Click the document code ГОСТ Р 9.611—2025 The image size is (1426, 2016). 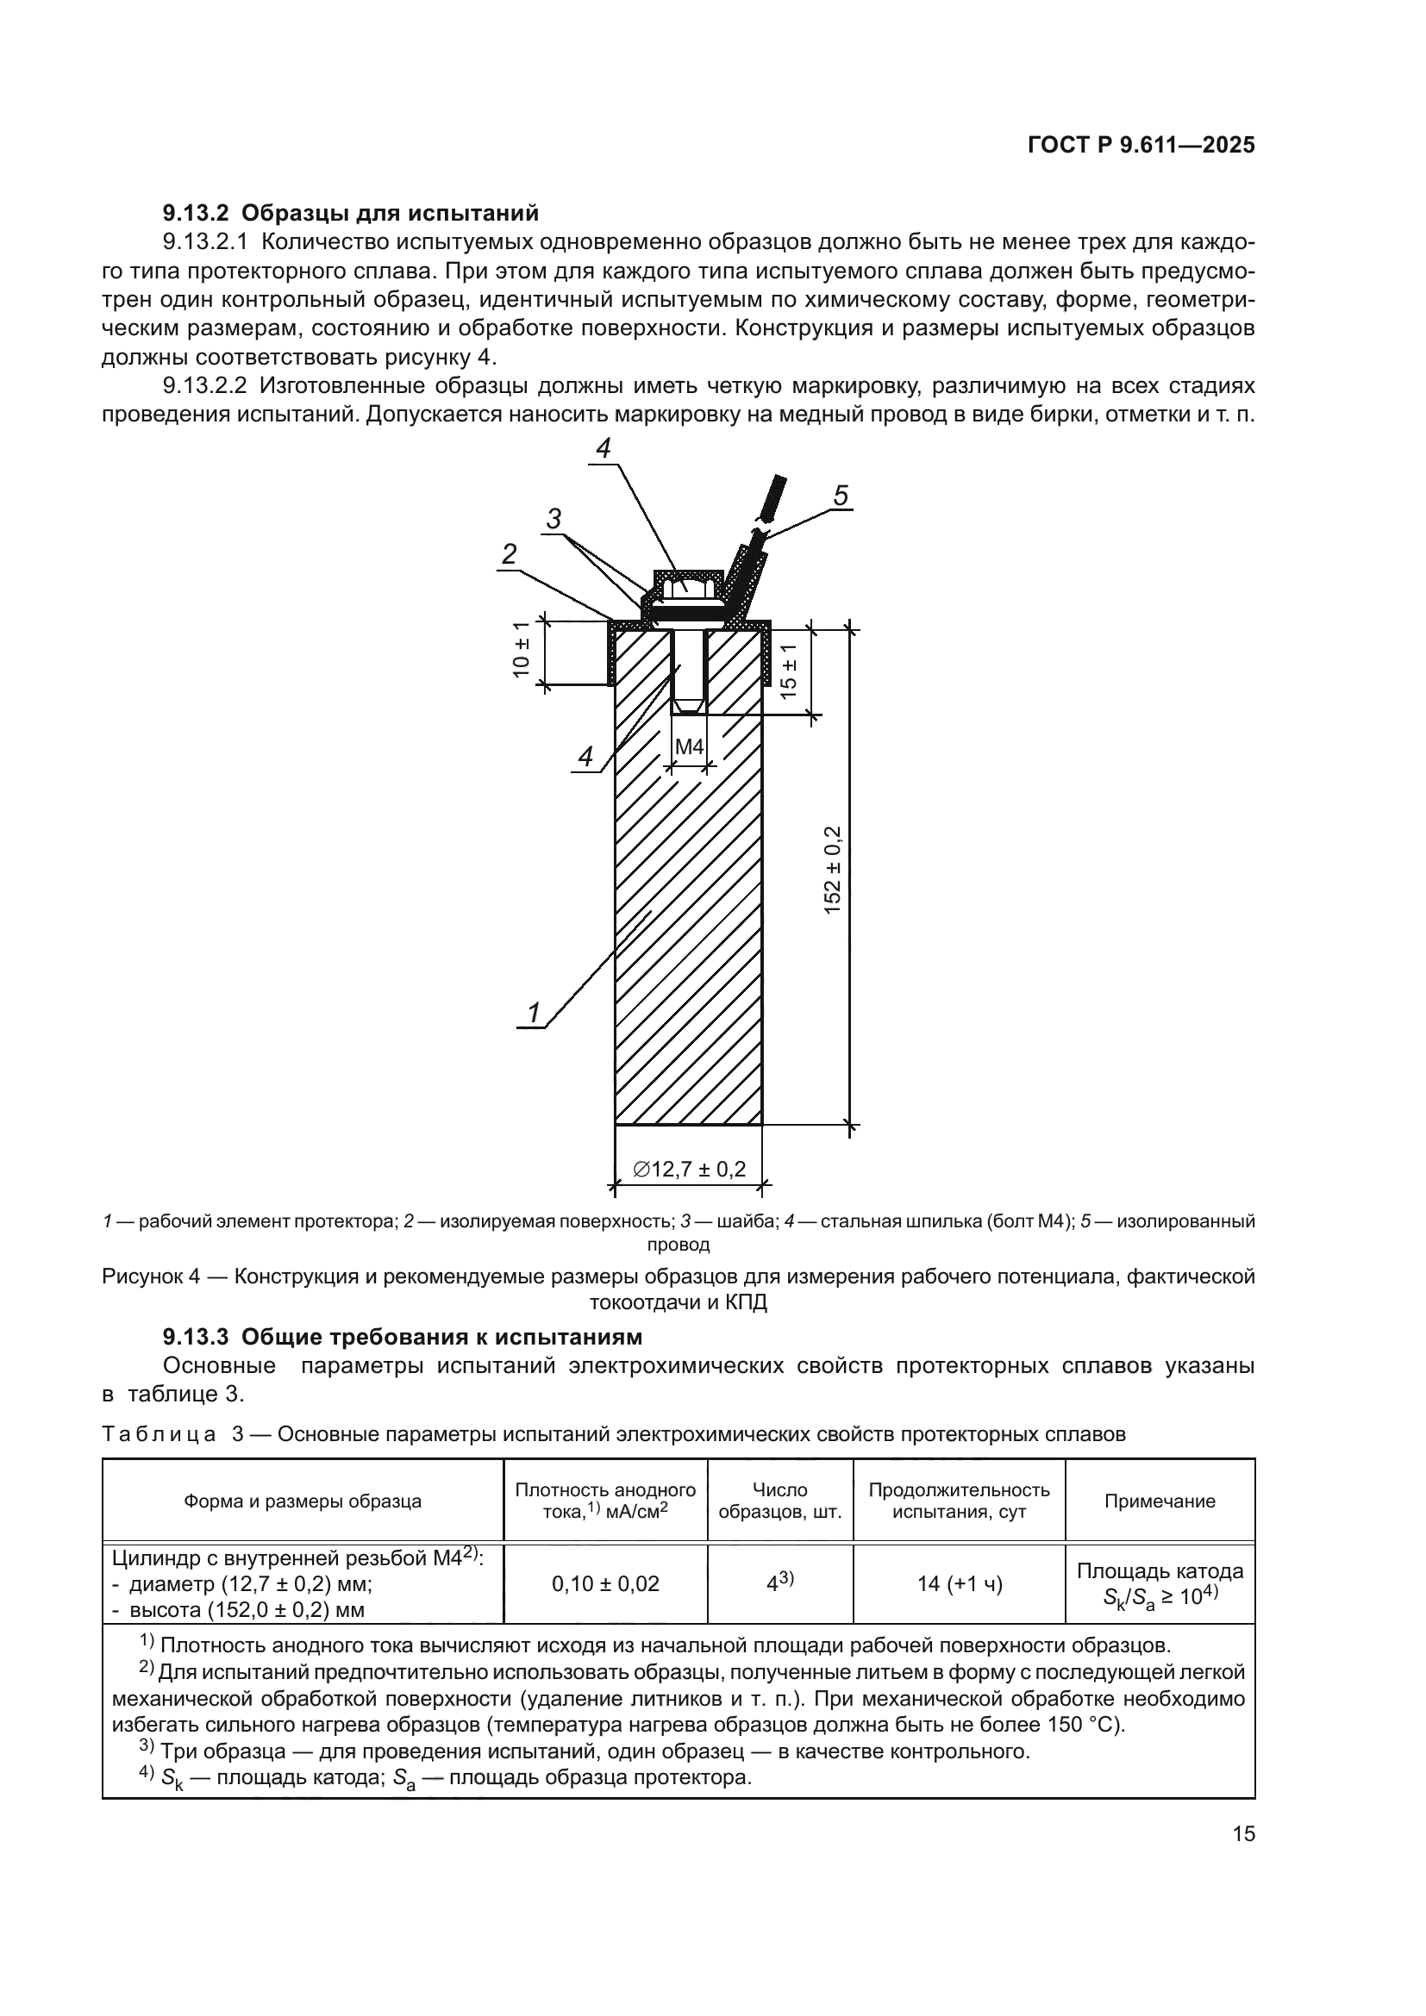click(1141, 146)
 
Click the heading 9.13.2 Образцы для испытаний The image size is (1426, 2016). click(350, 213)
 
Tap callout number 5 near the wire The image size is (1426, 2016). click(841, 497)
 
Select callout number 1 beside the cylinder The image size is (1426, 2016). click(533, 1014)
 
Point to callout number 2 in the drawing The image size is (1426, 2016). click(509, 554)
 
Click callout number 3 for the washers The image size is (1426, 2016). click(554, 519)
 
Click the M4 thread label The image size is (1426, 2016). click(690, 747)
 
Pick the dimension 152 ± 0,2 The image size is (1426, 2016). click(834, 871)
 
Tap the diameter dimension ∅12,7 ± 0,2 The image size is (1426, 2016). click(690, 1169)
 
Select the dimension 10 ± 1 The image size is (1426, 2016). click(522, 651)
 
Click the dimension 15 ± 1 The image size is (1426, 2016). click(789, 670)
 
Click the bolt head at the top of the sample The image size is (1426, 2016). click(687, 585)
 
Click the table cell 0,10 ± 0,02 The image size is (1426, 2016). click(605, 1584)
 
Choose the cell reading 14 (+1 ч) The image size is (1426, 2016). click(959, 1584)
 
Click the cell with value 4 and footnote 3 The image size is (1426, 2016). click(779, 1583)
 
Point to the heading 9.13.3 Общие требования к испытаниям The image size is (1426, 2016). click(402, 1338)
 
